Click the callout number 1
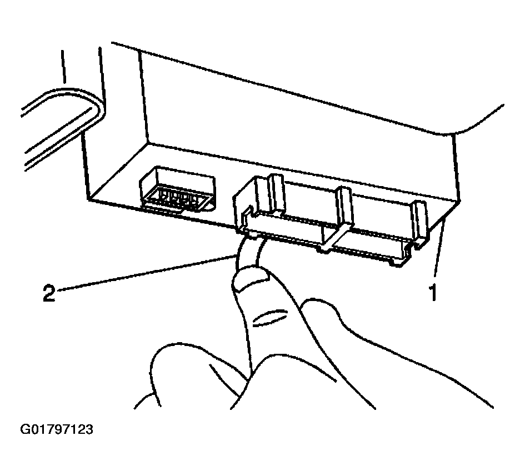(x=432, y=291)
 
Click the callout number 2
(x=49, y=293)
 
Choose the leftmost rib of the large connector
(x=276, y=194)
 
